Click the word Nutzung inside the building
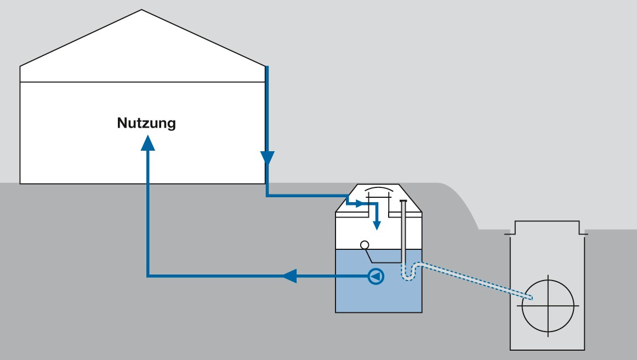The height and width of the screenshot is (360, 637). [146, 123]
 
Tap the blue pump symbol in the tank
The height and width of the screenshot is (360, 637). [376, 276]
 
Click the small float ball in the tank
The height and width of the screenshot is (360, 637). [364, 244]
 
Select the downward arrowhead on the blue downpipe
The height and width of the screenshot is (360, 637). [267, 158]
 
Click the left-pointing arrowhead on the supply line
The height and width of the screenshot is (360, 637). [289, 276]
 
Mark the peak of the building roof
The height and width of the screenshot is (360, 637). [142, 10]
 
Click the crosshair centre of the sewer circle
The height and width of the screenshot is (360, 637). [548, 306]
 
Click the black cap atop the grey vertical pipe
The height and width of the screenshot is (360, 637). [403, 201]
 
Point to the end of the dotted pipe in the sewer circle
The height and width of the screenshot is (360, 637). [531, 298]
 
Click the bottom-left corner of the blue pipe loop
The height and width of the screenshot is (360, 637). [148, 276]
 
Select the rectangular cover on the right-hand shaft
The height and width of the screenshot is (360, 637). [547, 226]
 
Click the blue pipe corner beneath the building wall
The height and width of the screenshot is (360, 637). [267, 195]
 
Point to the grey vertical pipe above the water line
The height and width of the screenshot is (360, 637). [403, 225]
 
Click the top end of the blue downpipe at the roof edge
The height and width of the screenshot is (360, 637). [267, 67]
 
